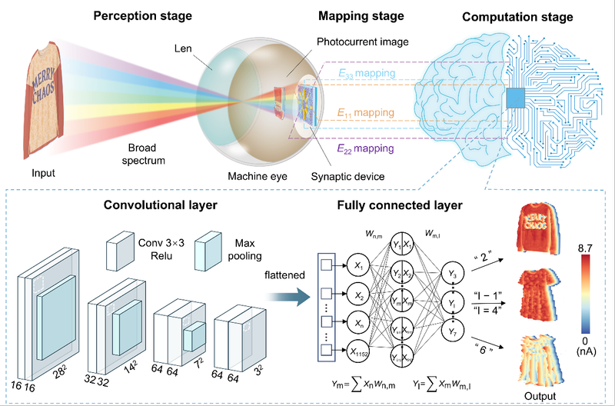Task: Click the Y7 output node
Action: (454, 331)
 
